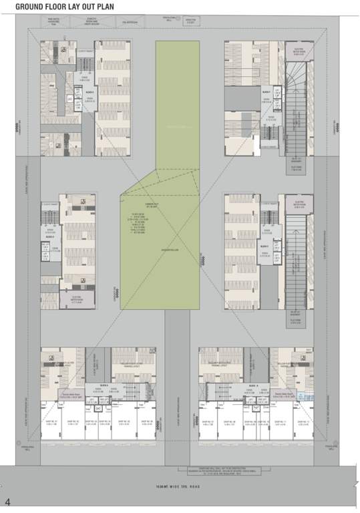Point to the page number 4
7,501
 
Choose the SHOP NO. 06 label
148,422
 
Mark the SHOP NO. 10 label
268,422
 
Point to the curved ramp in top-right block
296,83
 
